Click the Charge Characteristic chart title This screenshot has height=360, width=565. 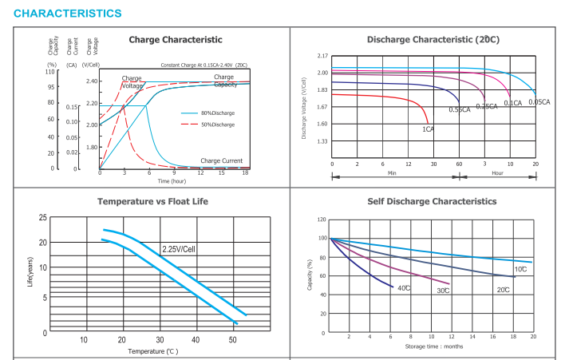click(175, 40)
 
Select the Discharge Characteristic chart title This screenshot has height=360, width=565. click(433, 39)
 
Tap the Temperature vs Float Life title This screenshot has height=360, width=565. click(152, 201)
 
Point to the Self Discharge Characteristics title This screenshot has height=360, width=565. click(432, 201)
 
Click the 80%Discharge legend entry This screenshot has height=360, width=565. click(218, 113)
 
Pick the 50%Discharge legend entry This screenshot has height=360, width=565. click(218, 125)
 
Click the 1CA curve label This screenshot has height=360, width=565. click(428, 129)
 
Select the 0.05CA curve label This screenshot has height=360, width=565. click(539, 102)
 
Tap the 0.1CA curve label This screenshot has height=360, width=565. click(512, 103)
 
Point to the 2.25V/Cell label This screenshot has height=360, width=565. click(180, 249)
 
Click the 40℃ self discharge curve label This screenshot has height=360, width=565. click(404, 287)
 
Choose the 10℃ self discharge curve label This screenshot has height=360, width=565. click(520, 270)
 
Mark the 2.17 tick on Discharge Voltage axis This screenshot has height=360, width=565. click(322, 56)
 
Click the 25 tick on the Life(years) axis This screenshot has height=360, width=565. click(42, 218)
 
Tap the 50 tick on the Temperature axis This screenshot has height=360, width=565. click(232, 340)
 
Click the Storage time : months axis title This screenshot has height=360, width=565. click(434, 346)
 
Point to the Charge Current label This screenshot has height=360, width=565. click(221, 161)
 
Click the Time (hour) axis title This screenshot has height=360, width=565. click(172, 181)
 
